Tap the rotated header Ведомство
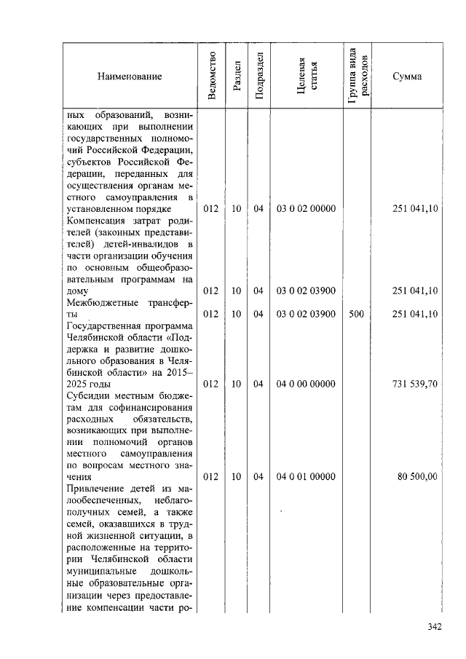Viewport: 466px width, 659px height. point(211,76)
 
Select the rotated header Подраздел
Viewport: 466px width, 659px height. point(258,76)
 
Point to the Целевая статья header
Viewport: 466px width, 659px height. point(305,76)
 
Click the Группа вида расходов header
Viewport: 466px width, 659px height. point(357,76)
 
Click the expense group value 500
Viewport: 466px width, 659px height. point(357,314)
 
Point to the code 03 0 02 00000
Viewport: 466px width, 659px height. point(306,209)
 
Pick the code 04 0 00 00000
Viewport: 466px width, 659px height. point(306,384)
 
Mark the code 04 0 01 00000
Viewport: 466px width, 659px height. point(306,477)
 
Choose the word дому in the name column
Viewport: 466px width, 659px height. point(77,291)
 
